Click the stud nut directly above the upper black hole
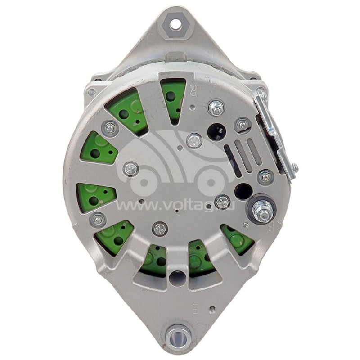coord(216,108)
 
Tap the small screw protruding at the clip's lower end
coord(294,168)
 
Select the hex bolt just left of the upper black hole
coord(194,140)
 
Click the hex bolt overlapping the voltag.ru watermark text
coord(223,202)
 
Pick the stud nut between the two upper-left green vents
coord(109,129)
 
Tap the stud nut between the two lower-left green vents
coord(98,220)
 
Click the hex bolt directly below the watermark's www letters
coord(160,229)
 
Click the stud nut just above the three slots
coord(243,125)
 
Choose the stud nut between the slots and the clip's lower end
coord(266,177)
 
